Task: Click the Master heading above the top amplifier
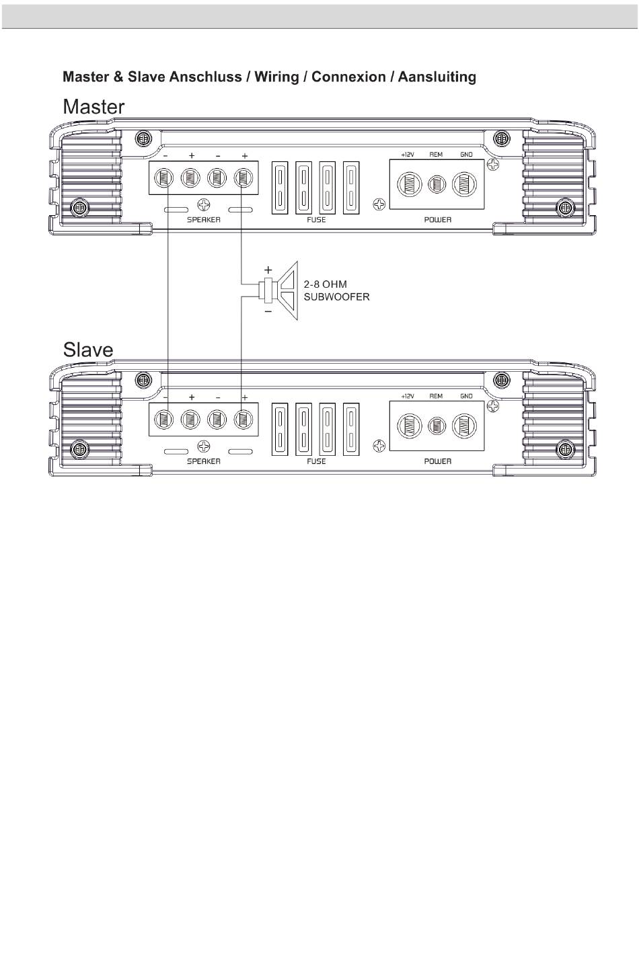(x=93, y=107)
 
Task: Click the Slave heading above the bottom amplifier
(x=88, y=350)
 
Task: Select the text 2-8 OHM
(x=326, y=284)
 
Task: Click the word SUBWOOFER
(x=337, y=296)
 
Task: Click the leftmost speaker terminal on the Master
(x=163, y=179)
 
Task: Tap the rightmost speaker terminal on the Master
(x=243, y=179)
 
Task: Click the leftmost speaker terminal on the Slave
(x=163, y=420)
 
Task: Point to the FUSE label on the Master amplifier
(x=315, y=220)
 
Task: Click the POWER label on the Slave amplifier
(x=437, y=461)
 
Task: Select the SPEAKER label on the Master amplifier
(x=204, y=220)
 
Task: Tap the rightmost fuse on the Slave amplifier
(x=351, y=430)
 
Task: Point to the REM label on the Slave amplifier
(x=436, y=397)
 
